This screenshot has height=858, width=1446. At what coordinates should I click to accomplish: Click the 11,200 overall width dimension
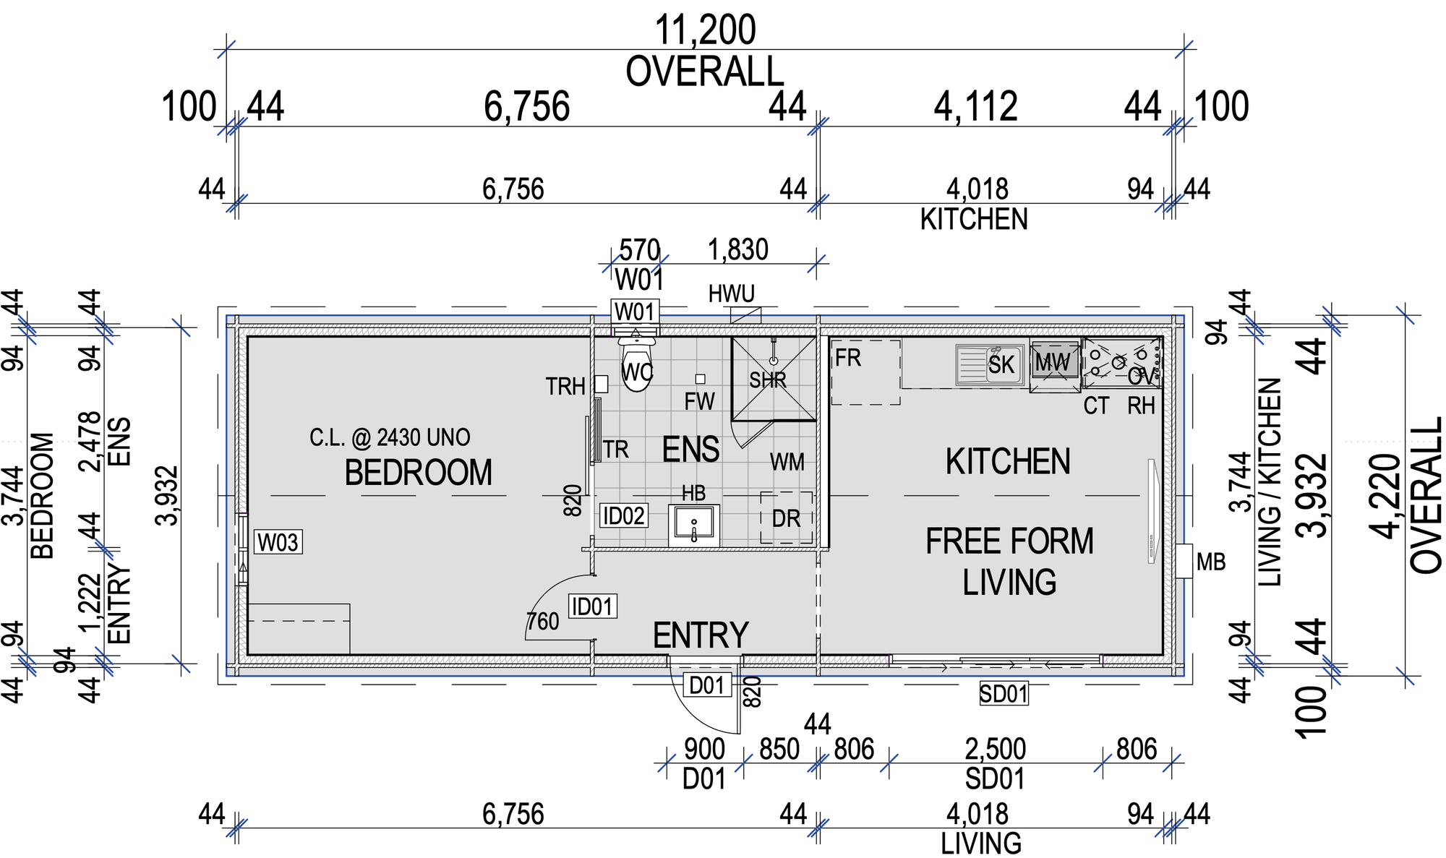705,30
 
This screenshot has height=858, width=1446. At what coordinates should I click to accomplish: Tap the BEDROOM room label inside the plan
418,473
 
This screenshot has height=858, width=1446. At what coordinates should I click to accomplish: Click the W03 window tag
278,542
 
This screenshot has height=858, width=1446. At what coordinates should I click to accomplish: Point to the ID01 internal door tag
593,606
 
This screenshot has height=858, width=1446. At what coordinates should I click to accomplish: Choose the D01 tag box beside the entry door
706,685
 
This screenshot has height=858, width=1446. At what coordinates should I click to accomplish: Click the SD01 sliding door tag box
1004,694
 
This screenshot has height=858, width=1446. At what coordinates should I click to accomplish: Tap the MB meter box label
1211,562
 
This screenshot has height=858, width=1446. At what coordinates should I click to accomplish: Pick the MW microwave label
1053,361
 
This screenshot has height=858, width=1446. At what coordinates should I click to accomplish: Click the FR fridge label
848,358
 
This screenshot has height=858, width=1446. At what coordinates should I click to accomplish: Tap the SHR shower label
768,380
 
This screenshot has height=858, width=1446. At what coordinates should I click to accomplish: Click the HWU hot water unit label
732,294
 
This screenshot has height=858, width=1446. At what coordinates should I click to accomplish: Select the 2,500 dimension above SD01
996,749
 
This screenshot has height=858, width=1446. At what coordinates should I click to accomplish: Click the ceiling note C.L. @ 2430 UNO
390,437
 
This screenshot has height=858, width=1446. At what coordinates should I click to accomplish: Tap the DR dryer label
787,519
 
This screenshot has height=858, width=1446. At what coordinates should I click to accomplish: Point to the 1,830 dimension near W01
738,250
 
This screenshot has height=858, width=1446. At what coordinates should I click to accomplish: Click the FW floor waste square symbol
700,379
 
